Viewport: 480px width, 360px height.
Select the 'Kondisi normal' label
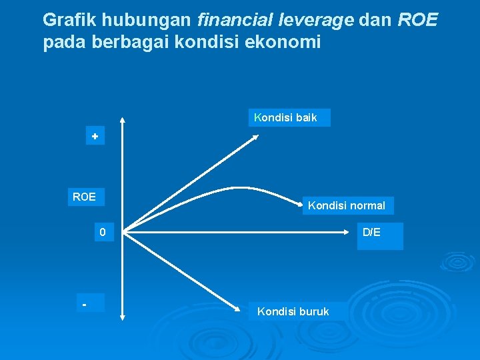347,206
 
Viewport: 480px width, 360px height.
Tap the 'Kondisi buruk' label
293,311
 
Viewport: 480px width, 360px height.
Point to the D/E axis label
371,233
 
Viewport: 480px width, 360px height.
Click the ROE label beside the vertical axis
84,197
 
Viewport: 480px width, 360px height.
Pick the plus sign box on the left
95,137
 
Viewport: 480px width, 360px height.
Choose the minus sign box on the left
85,304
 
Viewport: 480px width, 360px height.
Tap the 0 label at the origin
103,233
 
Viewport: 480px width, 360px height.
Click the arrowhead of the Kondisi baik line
256,137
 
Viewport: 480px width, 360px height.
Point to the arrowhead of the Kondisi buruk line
241,309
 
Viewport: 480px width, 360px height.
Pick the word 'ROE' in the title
418,20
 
